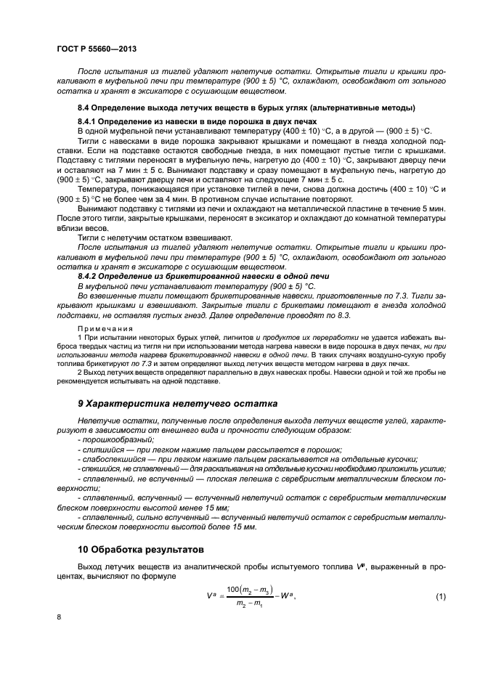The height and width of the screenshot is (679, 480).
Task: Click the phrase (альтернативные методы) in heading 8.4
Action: tap(370, 107)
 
